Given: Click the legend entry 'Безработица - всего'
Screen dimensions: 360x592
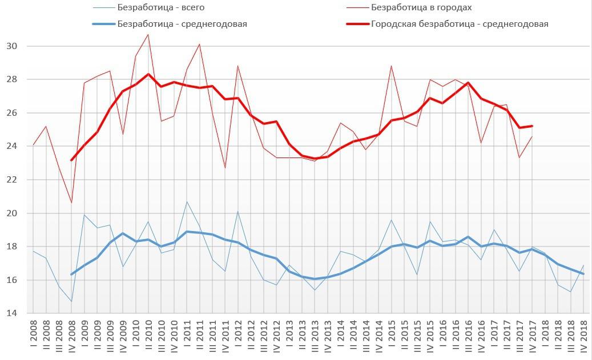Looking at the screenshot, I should (160, 7).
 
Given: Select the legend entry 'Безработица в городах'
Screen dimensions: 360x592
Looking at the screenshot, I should (421, 7).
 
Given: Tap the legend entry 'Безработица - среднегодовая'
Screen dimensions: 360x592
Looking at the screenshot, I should (182, 24).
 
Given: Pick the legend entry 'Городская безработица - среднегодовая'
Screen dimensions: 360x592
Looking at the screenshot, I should (460, 24).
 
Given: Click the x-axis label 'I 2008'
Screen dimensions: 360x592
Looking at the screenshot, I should (33, 336).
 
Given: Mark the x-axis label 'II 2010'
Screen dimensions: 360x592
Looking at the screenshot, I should (148, 335).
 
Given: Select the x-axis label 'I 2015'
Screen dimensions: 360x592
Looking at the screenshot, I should (391, 336).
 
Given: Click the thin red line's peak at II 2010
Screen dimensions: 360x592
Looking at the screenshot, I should (148, 34).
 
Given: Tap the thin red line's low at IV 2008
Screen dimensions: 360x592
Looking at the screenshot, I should (71, 203).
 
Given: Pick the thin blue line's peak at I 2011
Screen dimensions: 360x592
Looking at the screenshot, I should (186, 201).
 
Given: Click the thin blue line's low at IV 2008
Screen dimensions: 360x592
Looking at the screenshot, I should (71, 301).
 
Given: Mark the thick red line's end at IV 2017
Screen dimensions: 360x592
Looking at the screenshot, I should (531, 126).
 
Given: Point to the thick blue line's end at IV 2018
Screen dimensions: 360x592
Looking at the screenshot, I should (582, 274).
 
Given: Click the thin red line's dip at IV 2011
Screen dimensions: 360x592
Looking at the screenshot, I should (224, 168).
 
